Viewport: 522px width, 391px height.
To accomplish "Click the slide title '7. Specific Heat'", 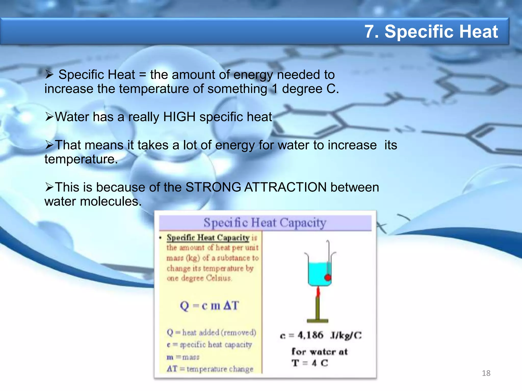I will coord(431,32).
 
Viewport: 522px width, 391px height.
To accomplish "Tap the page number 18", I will coord(486,373).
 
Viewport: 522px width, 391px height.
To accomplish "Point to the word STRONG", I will coord(213,187).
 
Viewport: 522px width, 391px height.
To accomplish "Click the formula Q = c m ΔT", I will coord(209,305).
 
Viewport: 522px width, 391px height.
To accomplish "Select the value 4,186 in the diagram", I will coord(310,335).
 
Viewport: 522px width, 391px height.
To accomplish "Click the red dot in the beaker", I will coord(328,277).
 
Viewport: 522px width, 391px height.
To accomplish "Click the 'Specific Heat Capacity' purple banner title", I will coord(265,223).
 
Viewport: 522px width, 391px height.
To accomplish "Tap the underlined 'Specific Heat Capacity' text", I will coord(208,238).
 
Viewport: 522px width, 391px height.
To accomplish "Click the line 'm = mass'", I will coord(183,357).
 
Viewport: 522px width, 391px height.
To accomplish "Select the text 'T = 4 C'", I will coord(310,363).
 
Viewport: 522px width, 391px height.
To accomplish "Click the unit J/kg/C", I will coord(346,335).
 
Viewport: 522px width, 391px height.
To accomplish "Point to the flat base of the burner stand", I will coord(318,321).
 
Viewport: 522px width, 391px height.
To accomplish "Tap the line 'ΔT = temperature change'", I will coord(210,369).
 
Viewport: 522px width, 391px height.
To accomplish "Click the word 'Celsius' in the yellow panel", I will coord(218,278).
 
